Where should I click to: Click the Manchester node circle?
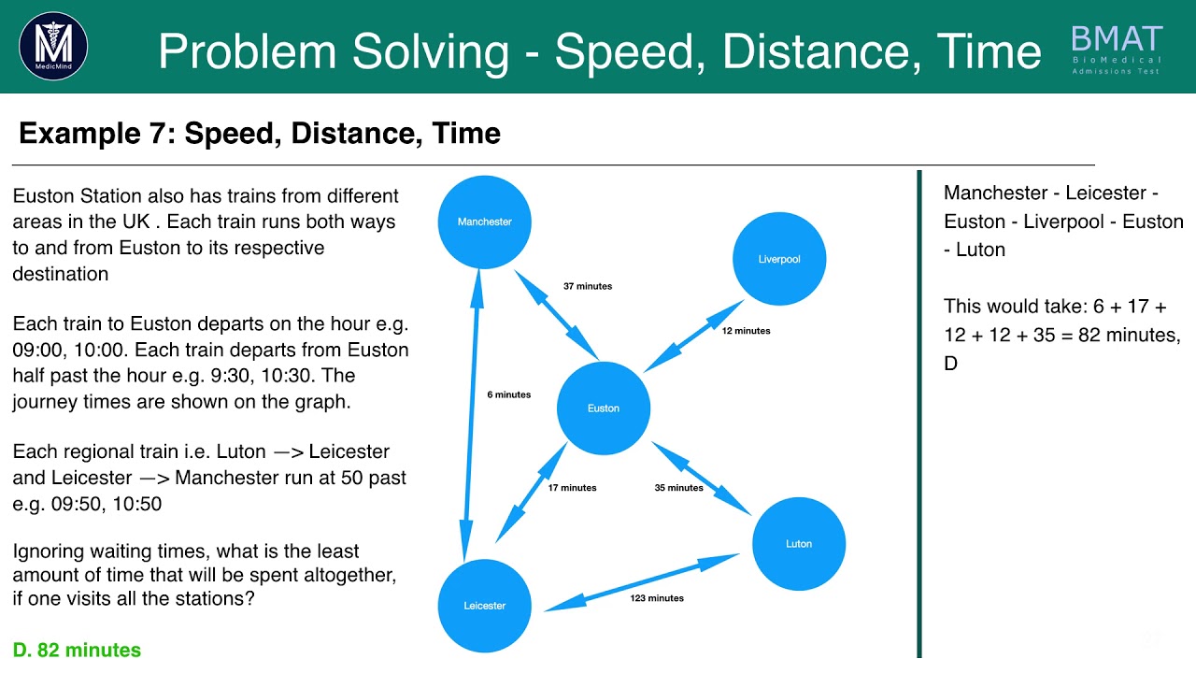[484, 222]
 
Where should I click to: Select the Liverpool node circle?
[778, 259]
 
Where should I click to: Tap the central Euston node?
[603, 408]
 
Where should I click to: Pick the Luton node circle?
[799, 544]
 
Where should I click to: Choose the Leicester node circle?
[484, 606]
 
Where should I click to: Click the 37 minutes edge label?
[588, 286]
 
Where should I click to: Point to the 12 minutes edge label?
[746, 331]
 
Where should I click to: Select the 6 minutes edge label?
[508, 394]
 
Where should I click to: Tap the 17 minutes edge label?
[572, 488]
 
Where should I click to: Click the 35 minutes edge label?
[678, 488]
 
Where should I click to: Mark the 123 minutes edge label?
[656, 598]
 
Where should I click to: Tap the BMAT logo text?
[1117, 39]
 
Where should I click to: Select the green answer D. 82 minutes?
[77, 650]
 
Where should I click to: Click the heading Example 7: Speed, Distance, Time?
[260, 134]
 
